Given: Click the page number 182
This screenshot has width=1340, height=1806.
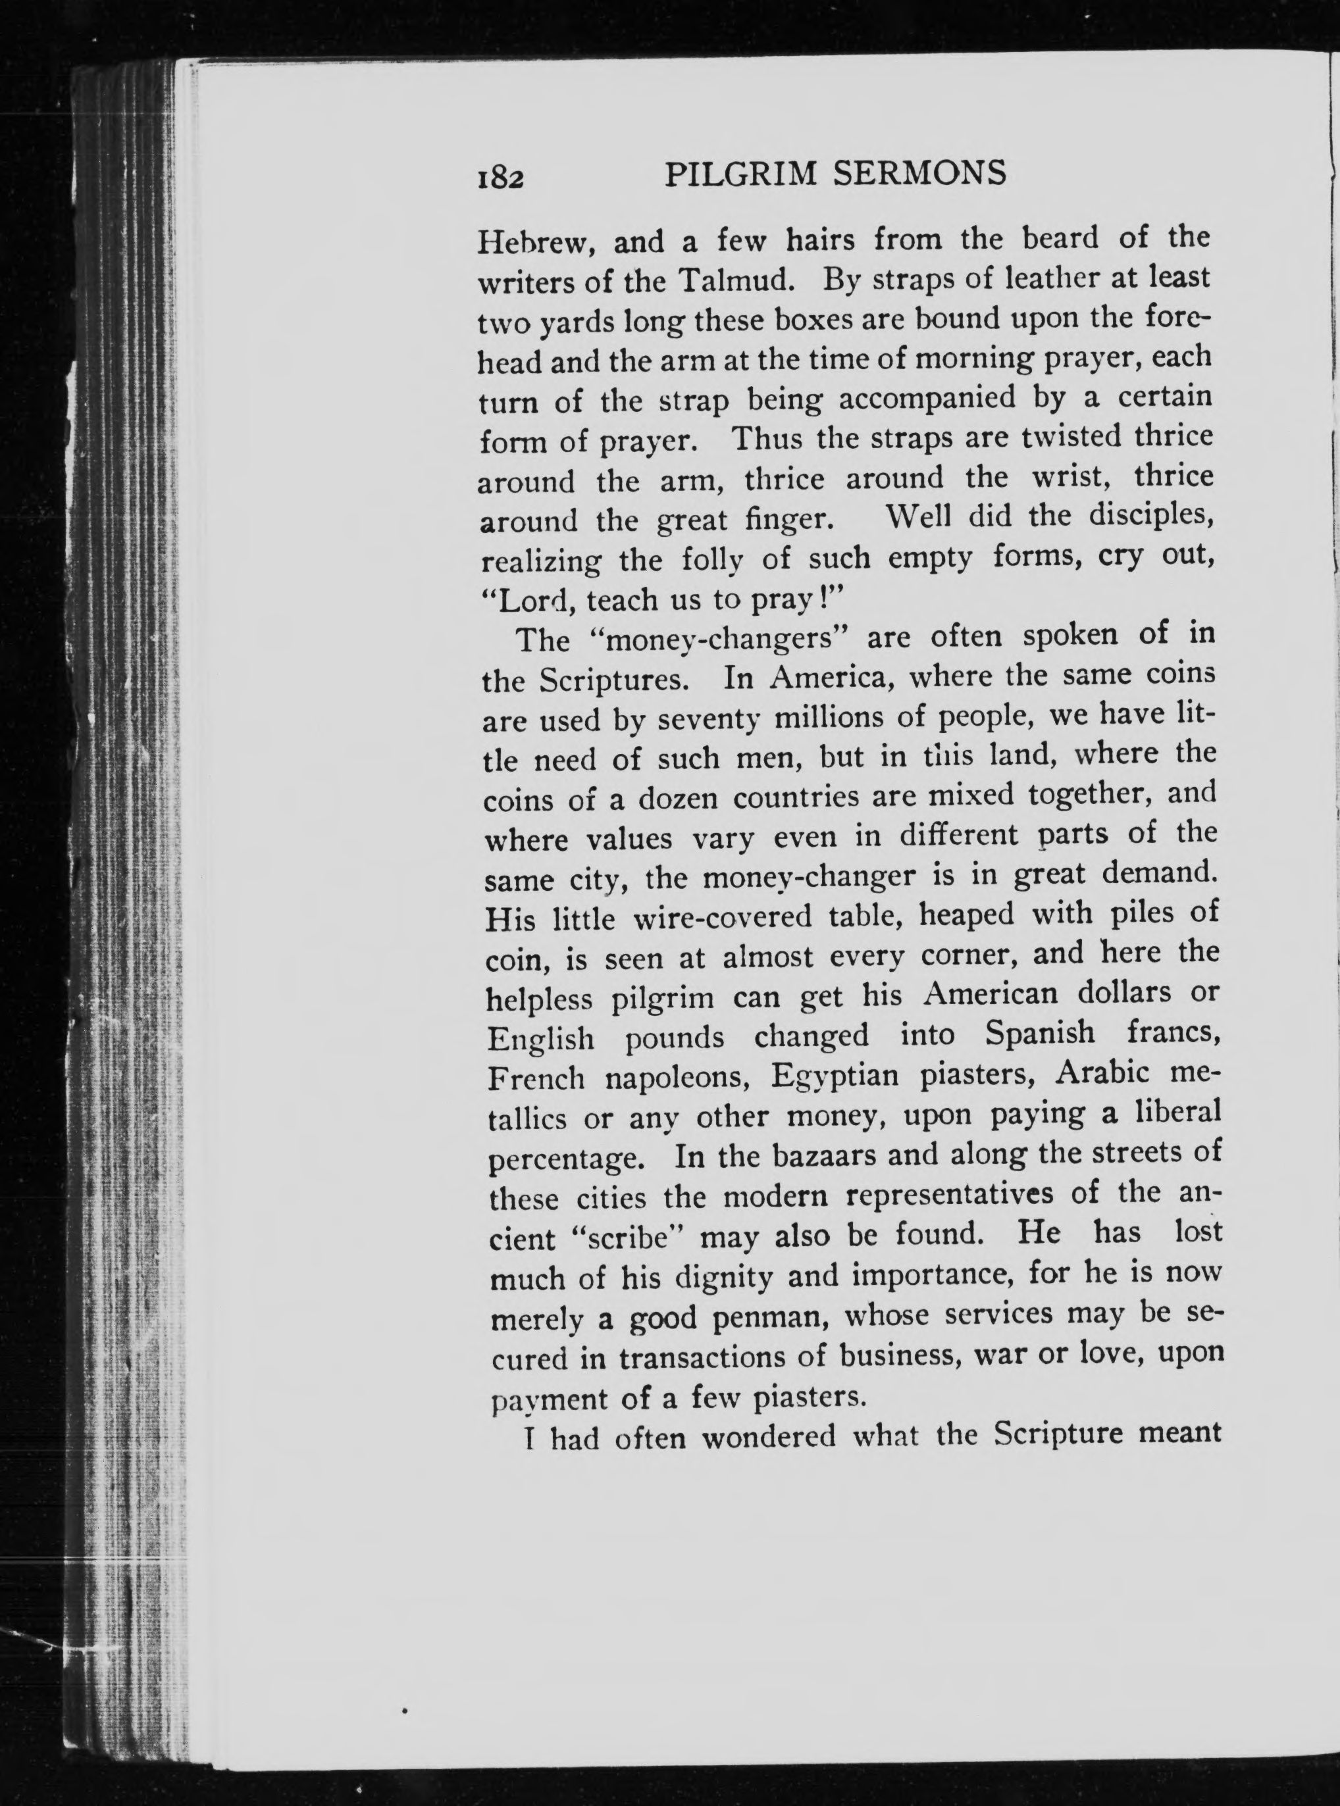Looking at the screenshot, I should (500, 198).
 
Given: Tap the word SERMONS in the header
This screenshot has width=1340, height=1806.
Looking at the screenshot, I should (920, 195).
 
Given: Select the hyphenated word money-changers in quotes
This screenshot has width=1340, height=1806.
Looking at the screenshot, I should (719, 641).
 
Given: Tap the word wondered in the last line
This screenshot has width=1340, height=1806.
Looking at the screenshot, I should (768, 1438).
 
